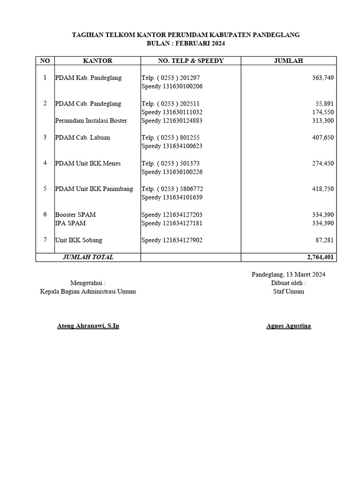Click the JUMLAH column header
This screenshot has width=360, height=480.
(x=288, y=60)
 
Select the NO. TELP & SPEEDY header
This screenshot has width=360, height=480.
(x=191, y=60)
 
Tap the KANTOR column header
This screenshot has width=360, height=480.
(x=97, y=60)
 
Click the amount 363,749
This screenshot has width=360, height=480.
(x=322, y=78)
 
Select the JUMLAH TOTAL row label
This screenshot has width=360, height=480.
(x=88, y=257)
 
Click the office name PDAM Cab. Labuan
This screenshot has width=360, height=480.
(x=82, y=138)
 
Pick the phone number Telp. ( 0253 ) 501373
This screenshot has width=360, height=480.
(x=171, y=164)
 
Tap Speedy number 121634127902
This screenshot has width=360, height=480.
(x=172, y=240)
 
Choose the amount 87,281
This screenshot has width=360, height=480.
(x=324, y=240)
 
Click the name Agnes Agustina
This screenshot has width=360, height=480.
(x=288, y=326)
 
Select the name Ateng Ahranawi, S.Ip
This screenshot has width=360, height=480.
(x=88, y=326)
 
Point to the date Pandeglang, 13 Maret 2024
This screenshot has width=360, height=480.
(x=288, y=275)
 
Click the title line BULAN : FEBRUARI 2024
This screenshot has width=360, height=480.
(x=186, y=43)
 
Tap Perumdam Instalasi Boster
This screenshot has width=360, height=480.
(x=91, y=121)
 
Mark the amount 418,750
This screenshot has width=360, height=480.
(x=322, y=189)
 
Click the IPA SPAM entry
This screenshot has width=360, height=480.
(x=70, y=223)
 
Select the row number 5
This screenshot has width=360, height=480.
(x=45, y=188)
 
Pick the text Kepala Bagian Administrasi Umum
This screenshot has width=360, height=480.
(x=88, y=292)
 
